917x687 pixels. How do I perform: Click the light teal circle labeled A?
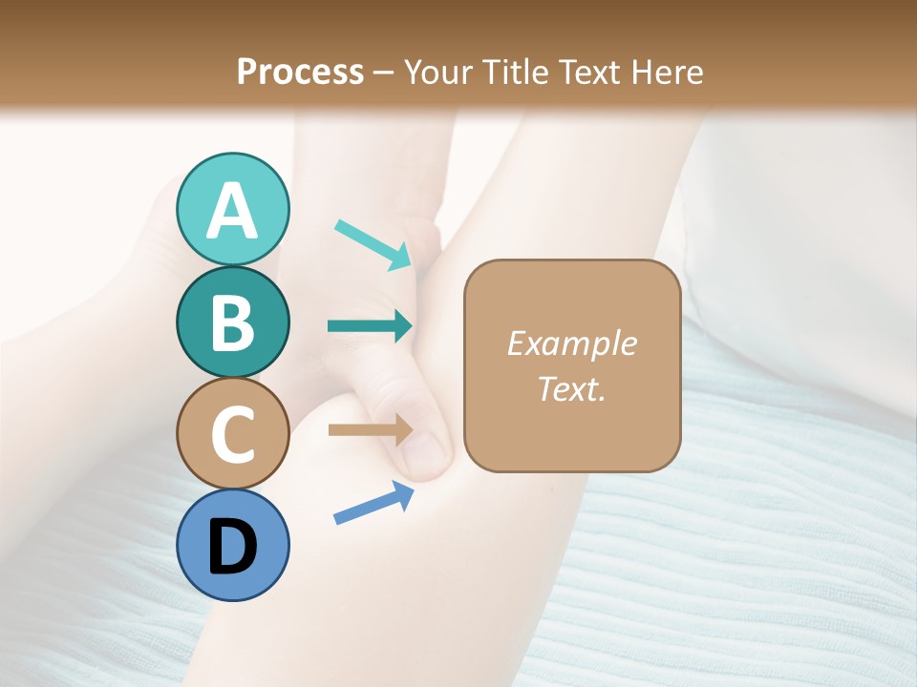click(x=233, y=209)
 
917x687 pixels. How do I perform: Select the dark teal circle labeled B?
click(x=233, y=322)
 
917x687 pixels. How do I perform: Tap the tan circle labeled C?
click(x=233, y=433)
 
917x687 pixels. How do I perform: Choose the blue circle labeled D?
click(x=233, y=545)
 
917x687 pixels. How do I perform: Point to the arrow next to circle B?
click(x=370, y=326)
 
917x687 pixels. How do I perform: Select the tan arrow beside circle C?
click(x=370, y=430)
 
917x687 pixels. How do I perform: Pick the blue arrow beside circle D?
click(x=373, y=502)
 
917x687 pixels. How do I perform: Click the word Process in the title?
click(x=300, y=72)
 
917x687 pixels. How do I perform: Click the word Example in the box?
click(x=572, y=343)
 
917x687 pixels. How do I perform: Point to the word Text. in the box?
click(x=572, y=388)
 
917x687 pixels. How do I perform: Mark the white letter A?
click(x=233, y=211)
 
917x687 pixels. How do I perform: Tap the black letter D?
click(x=233, y=547)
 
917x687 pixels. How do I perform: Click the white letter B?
click(x=233, y=323)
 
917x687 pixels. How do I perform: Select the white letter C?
click(x=233, y=434)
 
